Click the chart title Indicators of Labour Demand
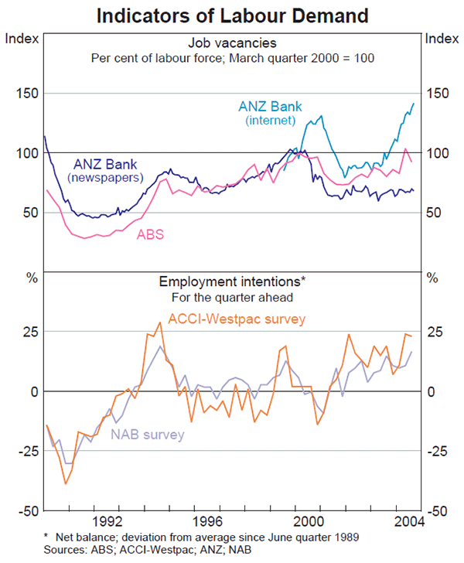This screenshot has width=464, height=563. [232, 15]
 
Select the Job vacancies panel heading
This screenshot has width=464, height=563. [233, 43]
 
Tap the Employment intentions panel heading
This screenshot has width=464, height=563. [233, 282]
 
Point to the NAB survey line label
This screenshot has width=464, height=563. [148, 435]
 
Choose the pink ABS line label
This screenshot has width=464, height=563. [150, 234]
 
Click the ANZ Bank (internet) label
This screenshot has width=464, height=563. [270, 113]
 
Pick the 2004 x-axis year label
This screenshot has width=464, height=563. [409, 520]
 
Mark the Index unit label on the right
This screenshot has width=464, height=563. [442, 36]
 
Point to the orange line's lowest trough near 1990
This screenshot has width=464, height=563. [66, 483]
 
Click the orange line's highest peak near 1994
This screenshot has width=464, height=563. [159, 322]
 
